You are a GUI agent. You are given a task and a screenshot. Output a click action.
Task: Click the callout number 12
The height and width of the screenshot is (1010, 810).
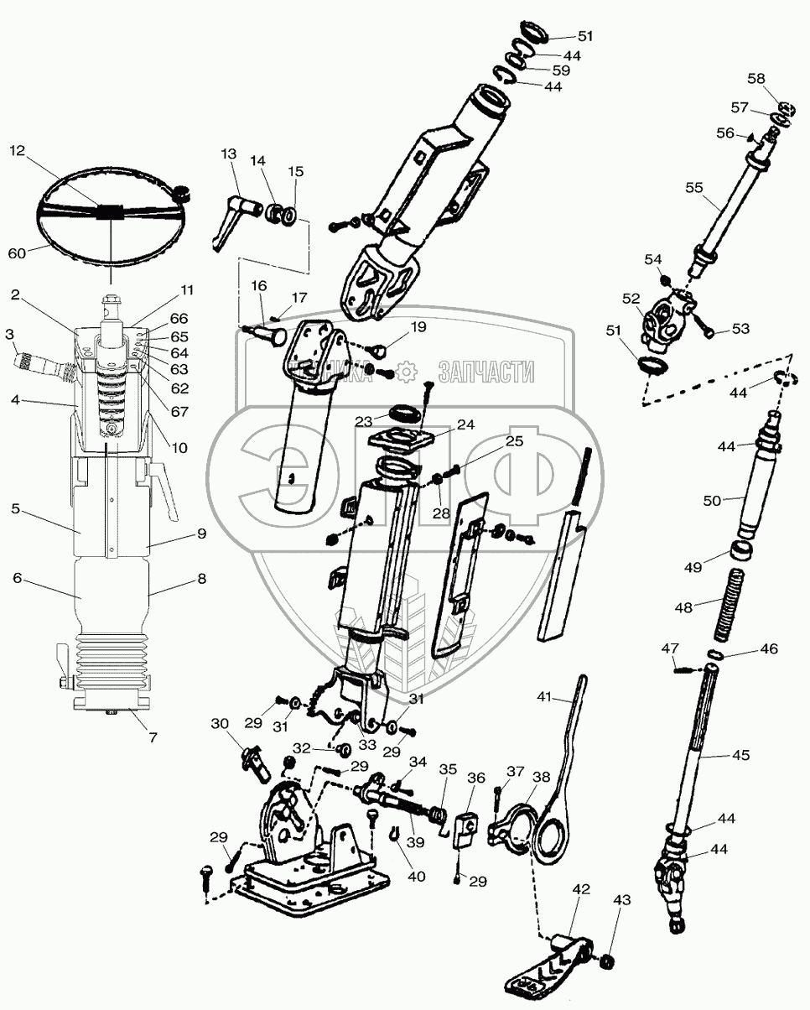pos(18,151)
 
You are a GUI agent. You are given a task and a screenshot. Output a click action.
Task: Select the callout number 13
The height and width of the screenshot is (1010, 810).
pos(229,154)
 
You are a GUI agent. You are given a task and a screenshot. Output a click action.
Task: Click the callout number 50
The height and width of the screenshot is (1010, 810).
pos(712,501)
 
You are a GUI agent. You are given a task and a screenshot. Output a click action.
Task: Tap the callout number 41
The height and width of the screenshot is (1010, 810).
pos(546,696)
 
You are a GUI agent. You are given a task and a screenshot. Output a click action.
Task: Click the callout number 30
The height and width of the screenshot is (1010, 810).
pos(219,724)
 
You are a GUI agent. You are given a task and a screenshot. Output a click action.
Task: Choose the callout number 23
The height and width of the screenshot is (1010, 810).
pos(364,422)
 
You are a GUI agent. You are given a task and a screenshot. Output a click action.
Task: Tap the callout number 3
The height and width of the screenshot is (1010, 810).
pos(9,334)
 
